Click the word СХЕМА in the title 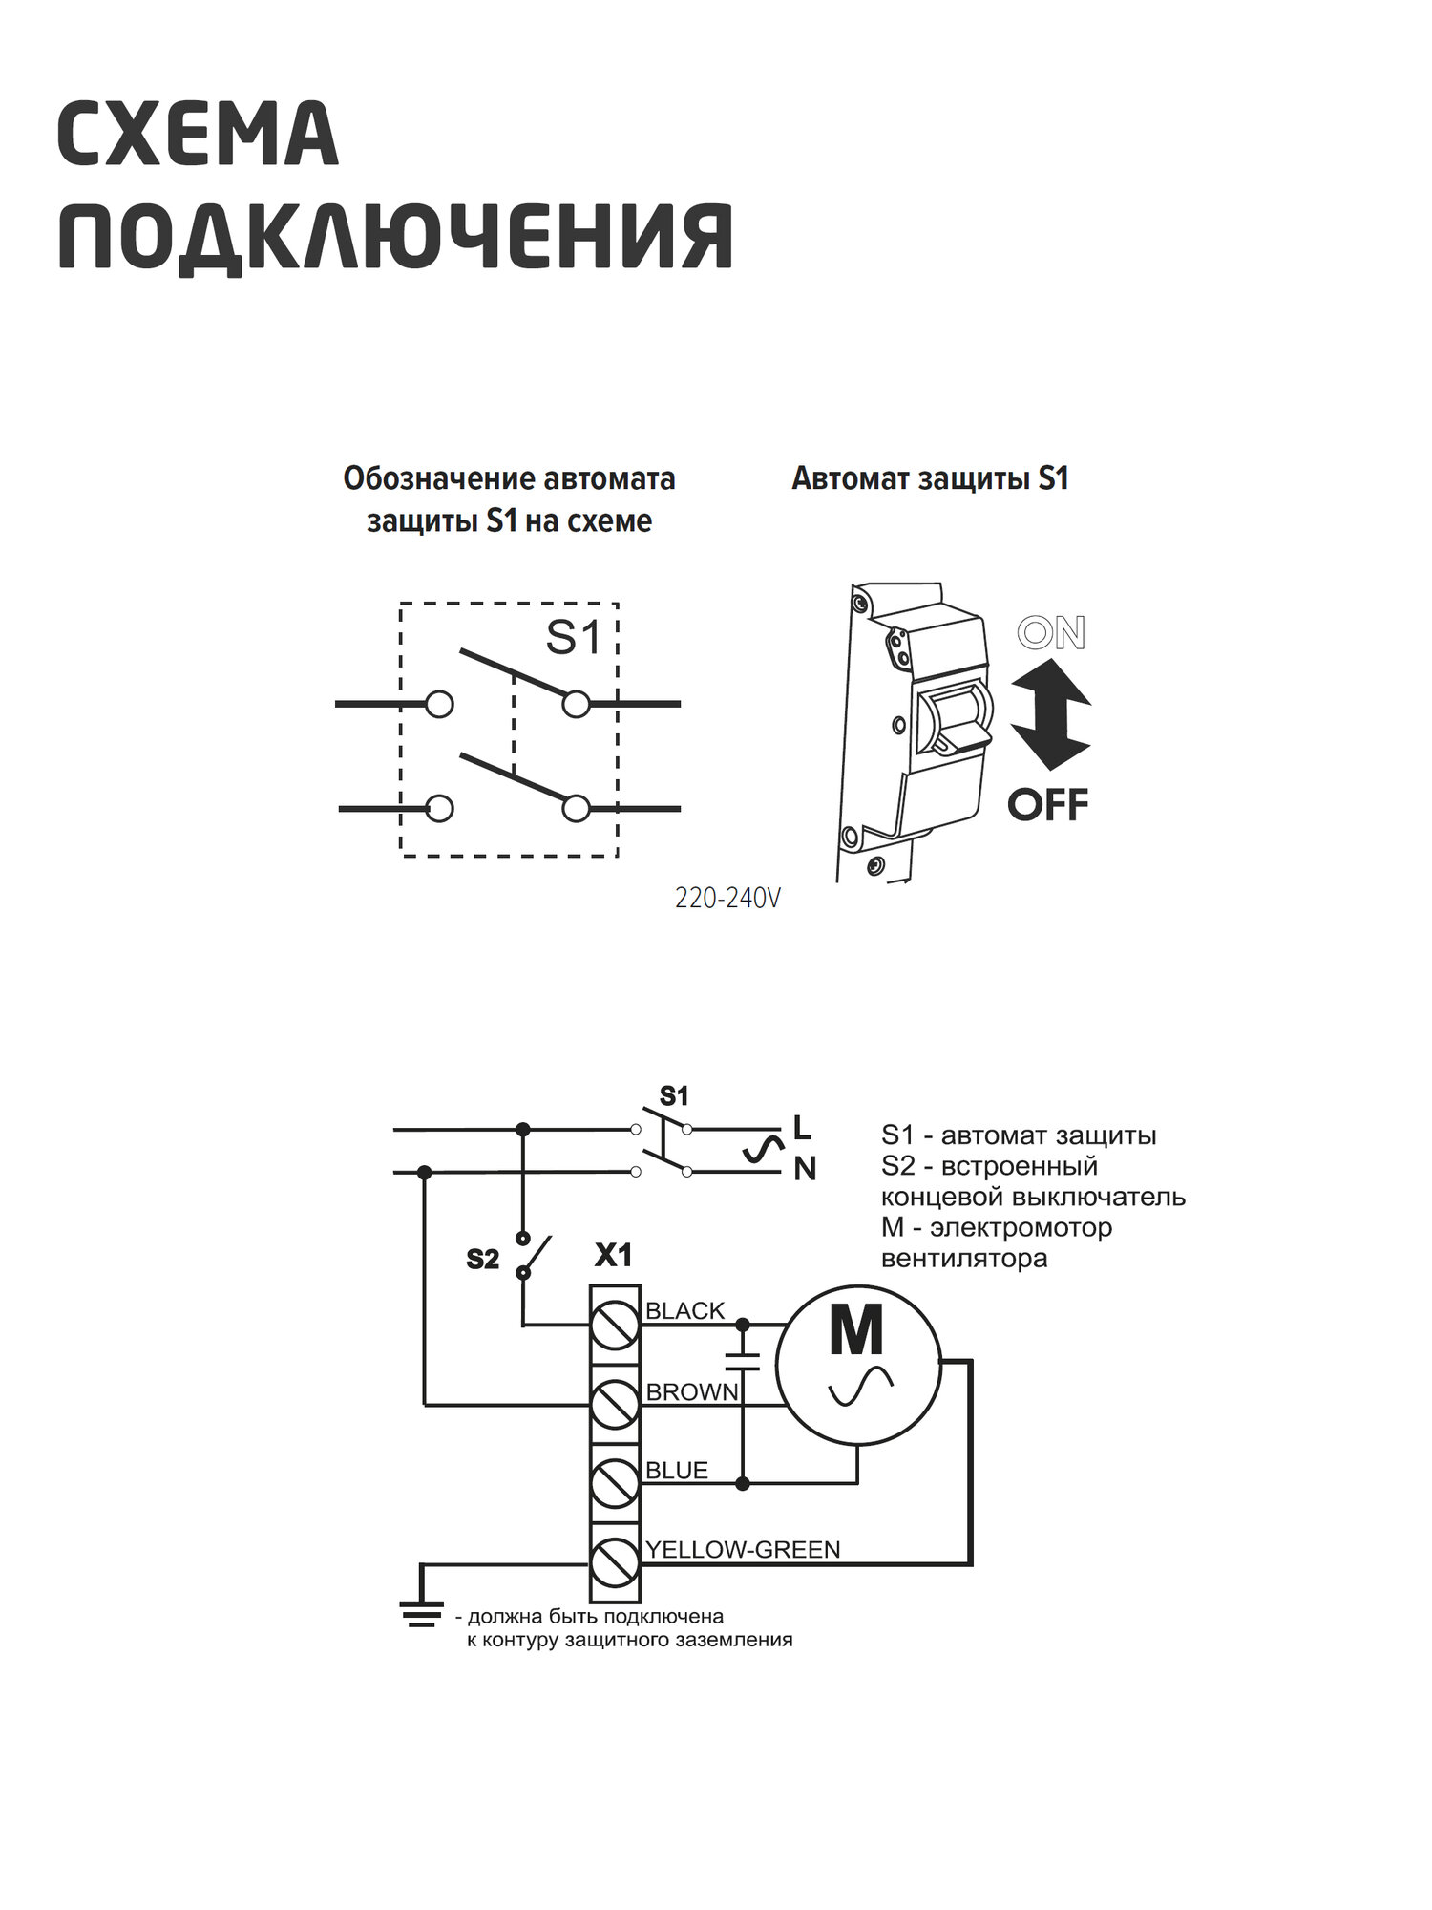(198, 135)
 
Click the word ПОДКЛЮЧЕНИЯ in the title (395, 237)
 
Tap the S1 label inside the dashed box (574, 637)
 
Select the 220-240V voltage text (727, 899)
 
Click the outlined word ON (1051, 633)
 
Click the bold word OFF (1048, 805)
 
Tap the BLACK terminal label (684, 1311)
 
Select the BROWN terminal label (692, 1392)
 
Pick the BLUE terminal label (676, 1471)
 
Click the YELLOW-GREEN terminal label (743, 1549)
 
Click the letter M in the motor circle (856, 1331)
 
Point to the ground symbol (421, 1614)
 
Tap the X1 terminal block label (613, 1255)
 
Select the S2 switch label (482, 1260)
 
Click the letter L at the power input (802, 1128)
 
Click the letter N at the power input (805, 1169)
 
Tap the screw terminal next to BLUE (614, 1484)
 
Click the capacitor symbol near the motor (743, 1361)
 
